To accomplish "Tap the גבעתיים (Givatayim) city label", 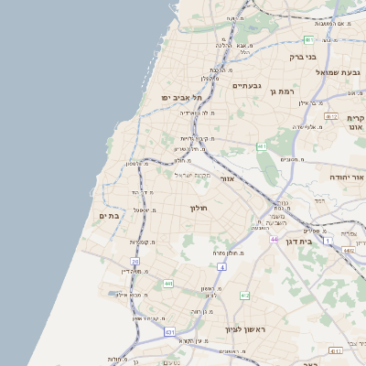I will (x=247, y=85).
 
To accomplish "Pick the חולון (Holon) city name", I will (x=199, y=209).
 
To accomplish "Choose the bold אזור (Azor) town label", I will (x=227, y=178).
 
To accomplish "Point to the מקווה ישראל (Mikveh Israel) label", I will (x=193, y=174).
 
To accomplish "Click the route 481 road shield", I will (x=262, y=146).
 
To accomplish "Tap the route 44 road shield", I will (x=274, y=239).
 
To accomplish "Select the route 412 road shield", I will (x=244, y=296).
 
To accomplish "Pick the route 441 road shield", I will (x=168, y=284).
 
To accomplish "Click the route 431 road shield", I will (x=169, y=330).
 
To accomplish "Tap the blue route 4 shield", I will (x=221, y=266).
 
